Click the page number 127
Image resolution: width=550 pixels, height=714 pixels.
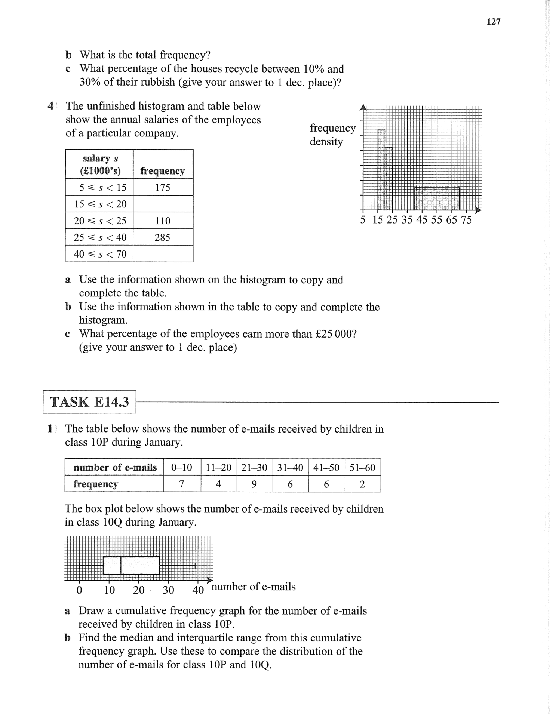tap(494, 22)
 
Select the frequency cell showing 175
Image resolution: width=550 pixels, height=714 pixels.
tap(163, 187)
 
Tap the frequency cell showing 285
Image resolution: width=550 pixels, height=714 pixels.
tap(163, 237)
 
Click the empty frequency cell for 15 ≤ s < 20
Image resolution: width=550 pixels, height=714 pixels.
tap(163, 204)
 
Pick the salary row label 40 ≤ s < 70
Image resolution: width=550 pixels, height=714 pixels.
tap(100, 254)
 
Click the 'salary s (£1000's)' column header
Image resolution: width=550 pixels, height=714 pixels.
tap(100, 164)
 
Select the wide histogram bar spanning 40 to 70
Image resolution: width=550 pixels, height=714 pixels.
tap(437, 198)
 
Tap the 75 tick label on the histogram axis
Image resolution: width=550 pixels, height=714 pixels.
tap(466, 220)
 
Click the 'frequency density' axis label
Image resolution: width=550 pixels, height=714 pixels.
tap(332, 135)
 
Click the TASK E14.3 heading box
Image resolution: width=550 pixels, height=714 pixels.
tap(89, 402)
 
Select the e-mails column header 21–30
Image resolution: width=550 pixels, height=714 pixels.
tap(254, 467)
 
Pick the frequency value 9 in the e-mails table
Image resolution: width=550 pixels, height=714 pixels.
tap(254, 484)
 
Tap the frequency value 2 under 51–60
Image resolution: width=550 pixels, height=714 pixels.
tap(362, 484)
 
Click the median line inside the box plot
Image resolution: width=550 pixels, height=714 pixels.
tap(121, 565)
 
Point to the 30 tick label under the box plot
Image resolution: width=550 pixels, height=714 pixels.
tap(168, 590)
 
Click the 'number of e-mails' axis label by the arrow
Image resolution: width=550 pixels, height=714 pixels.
tap(254, 587)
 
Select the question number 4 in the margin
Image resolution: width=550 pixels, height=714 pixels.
tap(51, 106)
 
